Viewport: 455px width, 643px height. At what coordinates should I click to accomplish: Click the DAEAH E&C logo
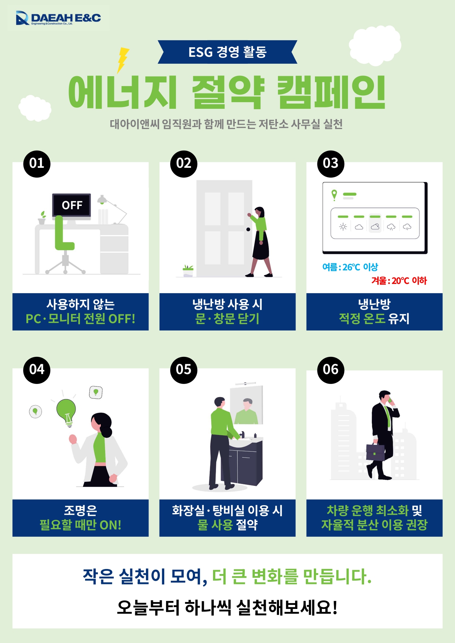pyautogui.click(x=58, y=18)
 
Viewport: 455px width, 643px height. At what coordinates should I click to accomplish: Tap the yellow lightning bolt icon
pyautogui.click(x=122, y=60)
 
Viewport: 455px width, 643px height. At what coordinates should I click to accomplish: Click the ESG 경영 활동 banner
pyautogui.click(x=227, y=52)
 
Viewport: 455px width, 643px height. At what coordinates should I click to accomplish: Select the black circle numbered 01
pyautogui.click(x=37, y=164)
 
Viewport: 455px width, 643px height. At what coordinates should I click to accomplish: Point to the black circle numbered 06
pyautogui.click(x=331, y=370)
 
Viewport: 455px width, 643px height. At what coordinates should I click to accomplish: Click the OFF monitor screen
pyautogui.click(x=71, y=205)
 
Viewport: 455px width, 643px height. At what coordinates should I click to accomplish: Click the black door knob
pyautogui.click(x=248, y=229)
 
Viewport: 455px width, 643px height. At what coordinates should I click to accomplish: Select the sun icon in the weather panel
pyautogui.click(x=343, y=227)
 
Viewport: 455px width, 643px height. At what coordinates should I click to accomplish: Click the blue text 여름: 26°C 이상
pyautogui.click(x=350, y=267)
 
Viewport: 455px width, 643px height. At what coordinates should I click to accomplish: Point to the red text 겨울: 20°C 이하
pyautogui.click(x=399, y=281)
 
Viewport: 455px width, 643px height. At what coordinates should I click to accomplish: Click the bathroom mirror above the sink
pyautogui.click(x=246, y=405)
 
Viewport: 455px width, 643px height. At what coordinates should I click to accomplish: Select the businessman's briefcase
pyautogui.click(x=375, y=452)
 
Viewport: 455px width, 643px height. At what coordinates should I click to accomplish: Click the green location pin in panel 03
pyautogui.click(x=334, y=195)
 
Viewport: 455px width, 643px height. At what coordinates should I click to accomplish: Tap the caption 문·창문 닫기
pyautogui.click(x=227, y=319)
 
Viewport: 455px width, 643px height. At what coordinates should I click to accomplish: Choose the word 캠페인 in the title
pyautogui.click(x=331, y=92)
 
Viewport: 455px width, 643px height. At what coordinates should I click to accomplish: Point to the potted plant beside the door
pyautogui.click(x=188, y=271)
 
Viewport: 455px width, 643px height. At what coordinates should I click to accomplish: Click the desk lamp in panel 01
pyautogui.click(x=112, y=210)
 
